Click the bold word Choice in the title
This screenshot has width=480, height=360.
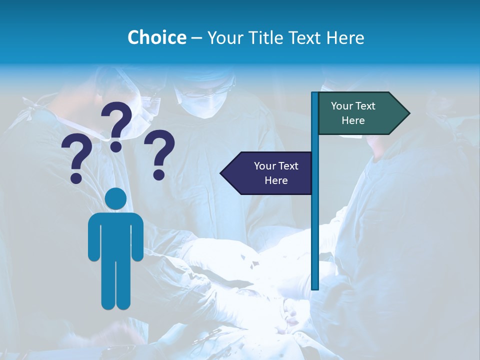156,37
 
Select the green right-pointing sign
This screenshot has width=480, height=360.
360,113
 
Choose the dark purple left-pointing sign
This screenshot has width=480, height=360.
270,173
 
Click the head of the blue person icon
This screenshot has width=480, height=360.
115,199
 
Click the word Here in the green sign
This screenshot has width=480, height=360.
353,120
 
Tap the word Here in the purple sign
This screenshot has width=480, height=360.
276,180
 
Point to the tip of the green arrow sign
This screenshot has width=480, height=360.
407,113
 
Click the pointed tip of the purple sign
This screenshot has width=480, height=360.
222,173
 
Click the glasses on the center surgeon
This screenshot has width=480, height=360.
205,93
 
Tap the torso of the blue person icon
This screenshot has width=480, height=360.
115,235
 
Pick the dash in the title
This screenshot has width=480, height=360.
196,38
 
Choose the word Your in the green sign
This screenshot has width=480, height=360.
341,106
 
